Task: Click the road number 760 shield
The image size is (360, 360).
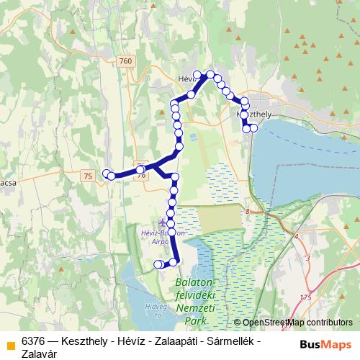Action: pos(126,61)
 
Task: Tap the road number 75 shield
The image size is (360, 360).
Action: pos(89,176)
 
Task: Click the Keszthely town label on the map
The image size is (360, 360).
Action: pos(253,114)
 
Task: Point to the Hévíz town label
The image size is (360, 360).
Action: pos(187,78)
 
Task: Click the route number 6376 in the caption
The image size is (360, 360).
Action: pos(35,339)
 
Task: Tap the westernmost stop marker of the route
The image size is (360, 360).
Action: pos(107,173)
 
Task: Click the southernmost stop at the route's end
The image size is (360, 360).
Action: pos(158,265)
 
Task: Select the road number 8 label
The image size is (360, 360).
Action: pos(246,211)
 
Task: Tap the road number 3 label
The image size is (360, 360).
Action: pos(307,257)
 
